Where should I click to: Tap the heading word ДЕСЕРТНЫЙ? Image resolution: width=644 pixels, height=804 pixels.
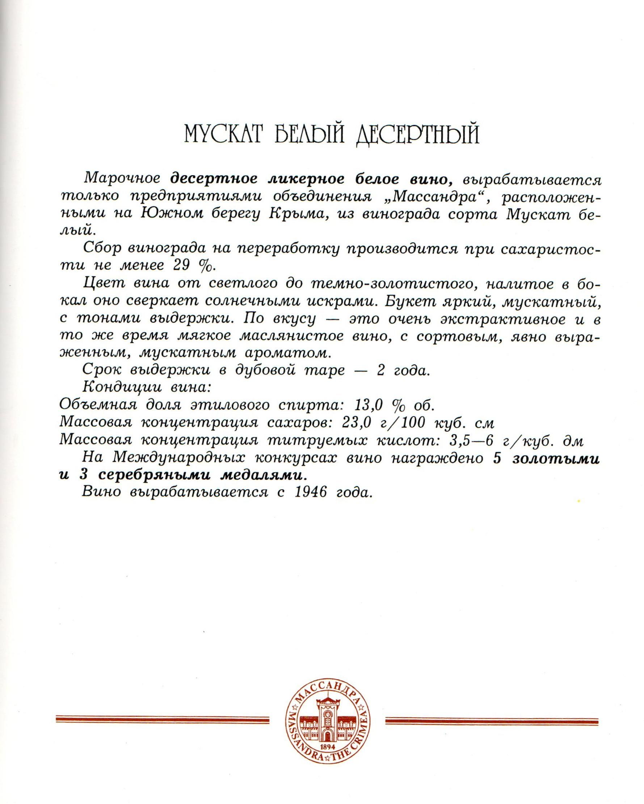point(417,135)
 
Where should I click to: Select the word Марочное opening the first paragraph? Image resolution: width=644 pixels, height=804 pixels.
point(122,179)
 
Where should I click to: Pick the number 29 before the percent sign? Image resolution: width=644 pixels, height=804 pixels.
point(182,265)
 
